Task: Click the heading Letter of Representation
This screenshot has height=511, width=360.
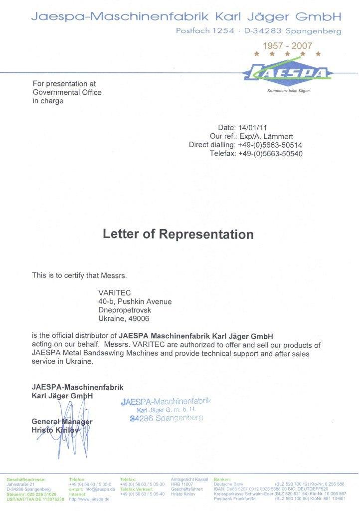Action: click(178, 234)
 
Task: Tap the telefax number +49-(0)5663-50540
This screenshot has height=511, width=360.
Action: click(270, 153)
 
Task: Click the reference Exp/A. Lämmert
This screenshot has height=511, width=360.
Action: click(266, 136)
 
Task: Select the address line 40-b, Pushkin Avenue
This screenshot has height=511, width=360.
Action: click(135, 301)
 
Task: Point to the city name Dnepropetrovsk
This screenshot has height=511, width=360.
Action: click(126, 310)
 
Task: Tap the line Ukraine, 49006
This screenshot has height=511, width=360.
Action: click(123, 318)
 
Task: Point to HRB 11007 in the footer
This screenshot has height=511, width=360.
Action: click(182, 484)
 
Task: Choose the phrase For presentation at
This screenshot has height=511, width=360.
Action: click(64, 84)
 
